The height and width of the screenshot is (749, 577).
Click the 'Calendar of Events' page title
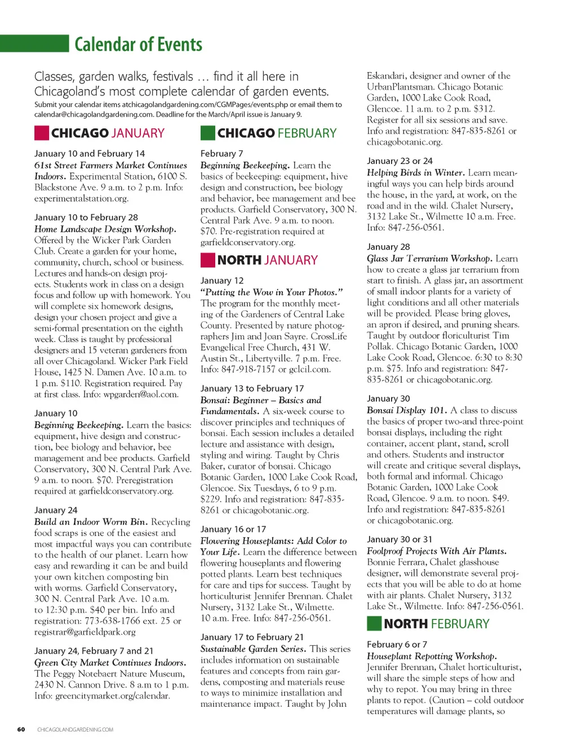pos(138,45)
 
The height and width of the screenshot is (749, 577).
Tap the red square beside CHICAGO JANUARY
pos(41,133)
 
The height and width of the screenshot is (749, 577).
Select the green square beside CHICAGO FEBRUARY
pos(207,133)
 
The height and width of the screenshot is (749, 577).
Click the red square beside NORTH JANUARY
pos(207,260)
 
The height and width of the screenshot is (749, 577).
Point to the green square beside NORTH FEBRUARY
pos(374,623)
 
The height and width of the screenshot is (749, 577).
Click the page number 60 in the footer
pos(21,729)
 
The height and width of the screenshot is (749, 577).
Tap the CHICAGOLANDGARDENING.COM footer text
pos(75,729)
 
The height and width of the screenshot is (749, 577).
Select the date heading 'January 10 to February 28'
pos(86,218)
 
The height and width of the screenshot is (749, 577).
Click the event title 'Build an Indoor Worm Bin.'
pos(91,522)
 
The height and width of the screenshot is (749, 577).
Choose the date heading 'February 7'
pos(221,154)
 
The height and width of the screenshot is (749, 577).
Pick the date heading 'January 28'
pos(388,247)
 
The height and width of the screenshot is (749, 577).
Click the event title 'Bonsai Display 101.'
pos(407,410)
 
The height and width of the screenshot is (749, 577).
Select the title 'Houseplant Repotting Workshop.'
pos(432,656)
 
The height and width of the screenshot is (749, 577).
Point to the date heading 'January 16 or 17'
pos(233,529)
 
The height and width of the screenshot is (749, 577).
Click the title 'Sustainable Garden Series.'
pos(253,649)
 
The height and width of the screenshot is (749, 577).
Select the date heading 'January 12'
pos(222,281)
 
